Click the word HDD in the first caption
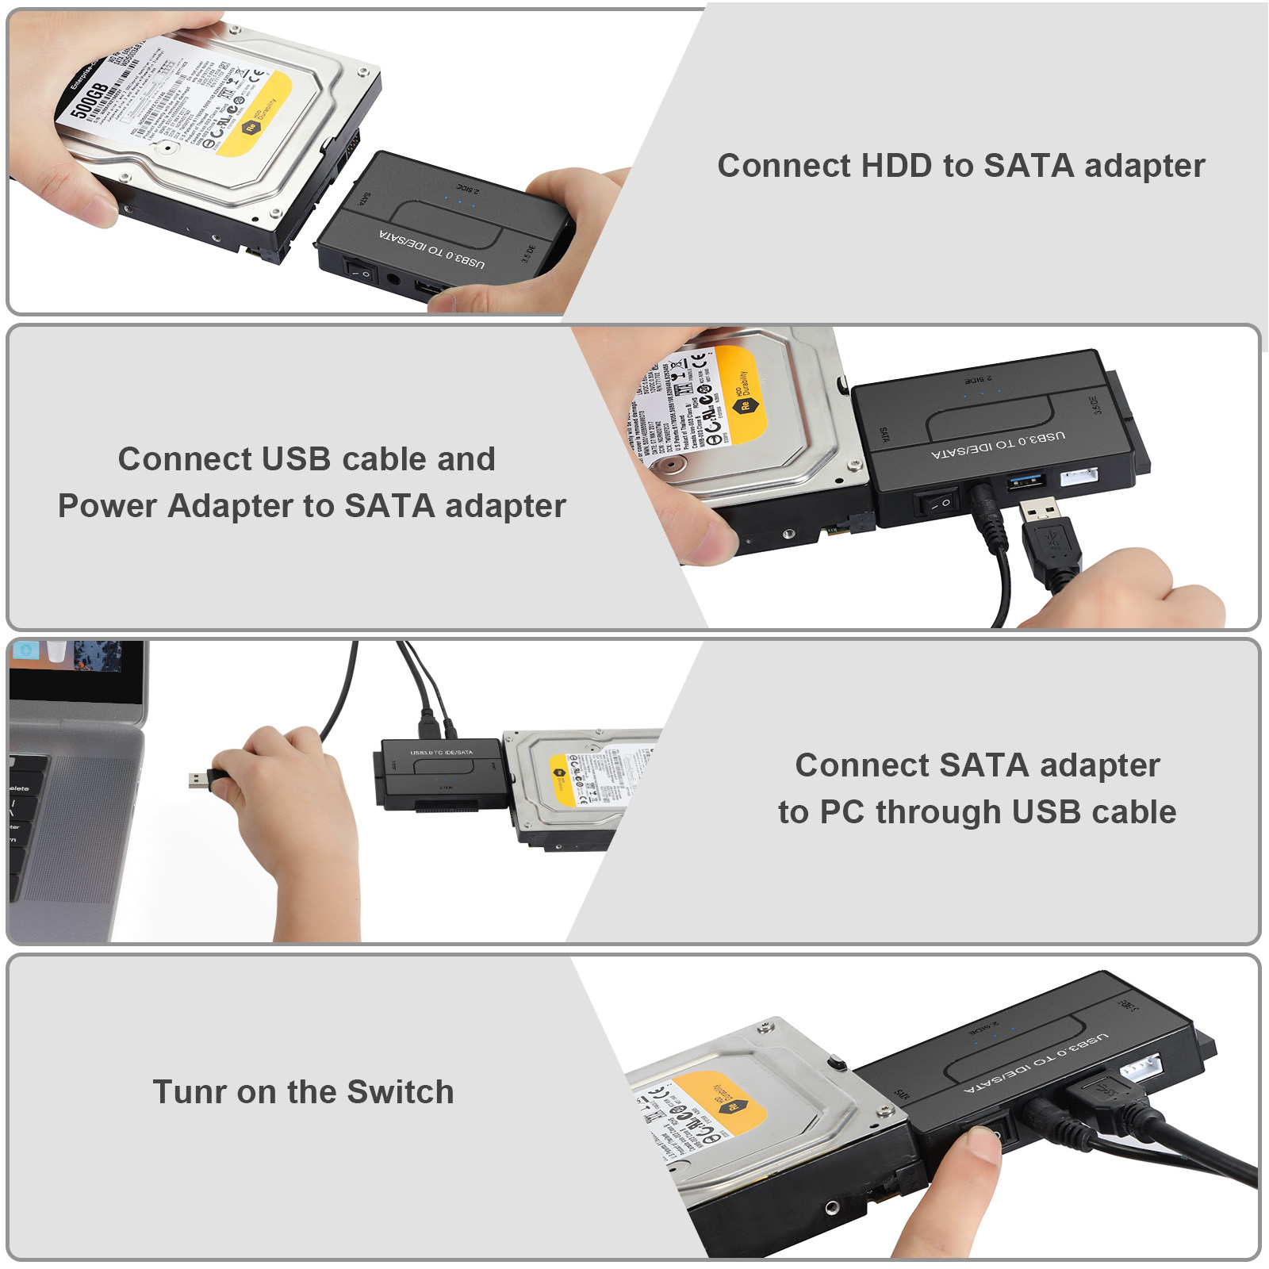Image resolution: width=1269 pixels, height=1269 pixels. pyautogui.click(x=896, y=167)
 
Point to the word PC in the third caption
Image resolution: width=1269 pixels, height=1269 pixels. pyautogui.click(x=842, y=812)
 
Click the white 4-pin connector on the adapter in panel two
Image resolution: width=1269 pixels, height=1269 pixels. pyautogui.click(x=1079, y=477)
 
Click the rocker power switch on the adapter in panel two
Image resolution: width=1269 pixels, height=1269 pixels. pyautogui.click(x=938, y=504)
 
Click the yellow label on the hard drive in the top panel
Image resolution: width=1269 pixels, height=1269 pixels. pyautogui.click(x=254, y=115)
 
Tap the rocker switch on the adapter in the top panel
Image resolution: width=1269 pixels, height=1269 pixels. pyautogui.click(x=358, y=272)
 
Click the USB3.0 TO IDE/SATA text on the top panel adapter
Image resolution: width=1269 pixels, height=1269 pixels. pyautogui.click(x=432, y=249)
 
